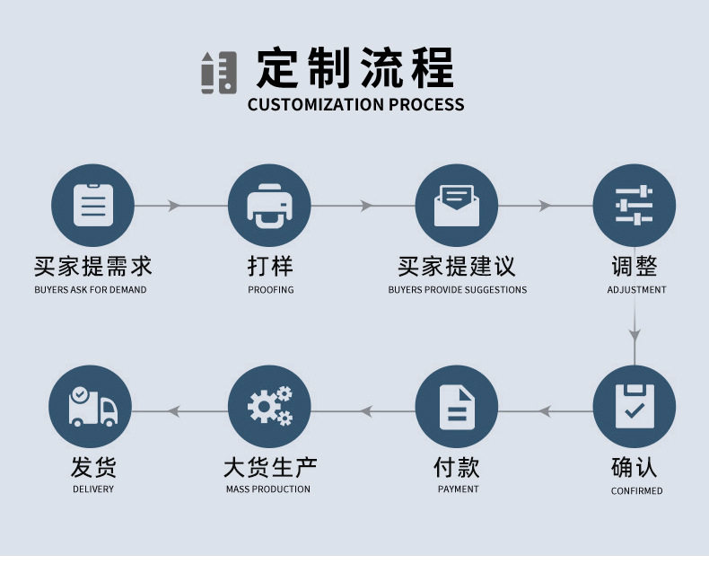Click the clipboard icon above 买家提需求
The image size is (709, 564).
(x=93, y=206)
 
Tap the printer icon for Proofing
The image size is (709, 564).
(x=269, y=206)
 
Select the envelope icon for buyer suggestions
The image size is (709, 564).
(x=455, y=206)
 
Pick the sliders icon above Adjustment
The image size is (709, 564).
(x=635, y=206)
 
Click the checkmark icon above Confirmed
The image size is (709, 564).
(x=635, y=407)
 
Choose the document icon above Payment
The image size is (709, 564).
(x=457, y=407)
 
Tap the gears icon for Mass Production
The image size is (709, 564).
(x=269, y=407)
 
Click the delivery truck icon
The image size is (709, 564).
(x=93, y=407)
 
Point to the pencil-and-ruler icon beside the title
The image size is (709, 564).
(x=218, y=73)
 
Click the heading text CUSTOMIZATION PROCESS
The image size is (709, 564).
(x=355, y=104)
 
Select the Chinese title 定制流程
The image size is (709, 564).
(x=355, y=67)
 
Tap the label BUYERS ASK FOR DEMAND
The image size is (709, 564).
(x=91, y=290)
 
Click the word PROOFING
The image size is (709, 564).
(x=271, y=290)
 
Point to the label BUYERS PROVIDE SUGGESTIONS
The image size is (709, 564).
(x=458, y=290)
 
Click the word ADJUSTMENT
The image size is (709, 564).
(x=636, y=290)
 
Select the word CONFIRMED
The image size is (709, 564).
(x=637, y=491)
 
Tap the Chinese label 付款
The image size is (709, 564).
(x=457, y=467)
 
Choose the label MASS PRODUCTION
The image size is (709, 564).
(x=268, y=489)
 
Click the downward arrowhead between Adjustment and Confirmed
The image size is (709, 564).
(x=635, y=335)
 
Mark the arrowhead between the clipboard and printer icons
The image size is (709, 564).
(x=174, y=206)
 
